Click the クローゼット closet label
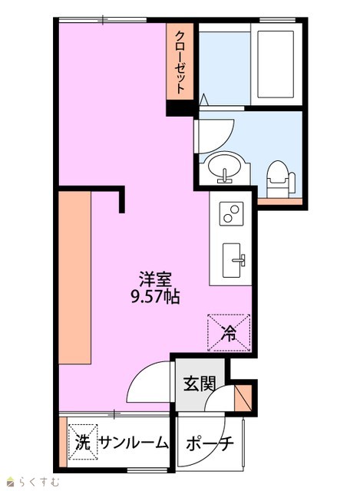[x=180, y=62]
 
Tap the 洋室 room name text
[x=155, y=279]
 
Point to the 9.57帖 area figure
[x=155, y=296]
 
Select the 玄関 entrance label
[x=200, y=384]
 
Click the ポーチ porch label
[x=210, y=443]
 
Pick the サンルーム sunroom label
[x=134, y=443]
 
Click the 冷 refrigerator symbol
[x=229, y=333]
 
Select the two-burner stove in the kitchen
[x=231, y=214]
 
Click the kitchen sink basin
[x=232, y=260]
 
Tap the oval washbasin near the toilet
[x=224, y=166]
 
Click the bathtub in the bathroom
[x=276, y=64]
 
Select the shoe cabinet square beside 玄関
[x=243, y=397]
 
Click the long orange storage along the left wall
[x=75, y=278]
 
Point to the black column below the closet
[x=181, y=108]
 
